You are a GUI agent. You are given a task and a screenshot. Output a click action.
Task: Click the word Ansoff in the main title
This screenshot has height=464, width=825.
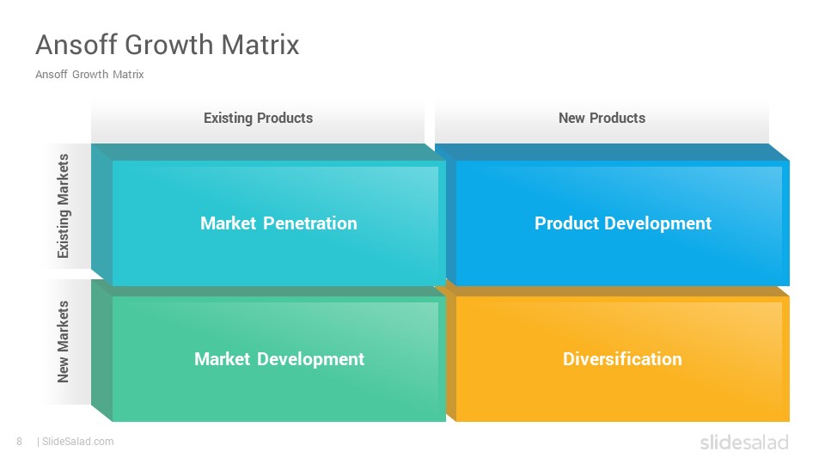click(x=76, y=44)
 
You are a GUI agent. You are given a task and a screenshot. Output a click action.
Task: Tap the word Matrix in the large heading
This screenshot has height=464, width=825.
click(x=260, y=44)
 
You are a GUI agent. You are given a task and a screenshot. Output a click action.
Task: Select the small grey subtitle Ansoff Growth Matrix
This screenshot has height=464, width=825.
click(x=89, y=74)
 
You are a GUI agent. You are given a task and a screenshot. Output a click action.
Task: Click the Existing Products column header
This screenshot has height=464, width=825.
click(x=259, y=118)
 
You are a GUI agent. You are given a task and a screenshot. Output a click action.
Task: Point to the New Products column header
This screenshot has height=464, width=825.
click(x=602, y=118)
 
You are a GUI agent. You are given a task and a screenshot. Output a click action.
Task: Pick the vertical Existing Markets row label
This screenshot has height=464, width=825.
click(x=63, y=205)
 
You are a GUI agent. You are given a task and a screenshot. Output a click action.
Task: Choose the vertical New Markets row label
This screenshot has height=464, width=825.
click(x=63, y=341)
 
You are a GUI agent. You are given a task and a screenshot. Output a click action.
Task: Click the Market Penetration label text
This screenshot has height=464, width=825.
click(x=278, y=223)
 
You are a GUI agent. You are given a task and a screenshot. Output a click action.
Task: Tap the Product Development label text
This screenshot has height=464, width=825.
click(x=623, y=223)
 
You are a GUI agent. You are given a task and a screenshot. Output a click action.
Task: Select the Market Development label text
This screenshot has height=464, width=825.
click(x=279, y=359)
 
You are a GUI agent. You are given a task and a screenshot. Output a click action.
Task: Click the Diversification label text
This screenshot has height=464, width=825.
click(x=622, y=359)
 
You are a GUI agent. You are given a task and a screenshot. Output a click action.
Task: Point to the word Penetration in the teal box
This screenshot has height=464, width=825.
click(x=310, y=223)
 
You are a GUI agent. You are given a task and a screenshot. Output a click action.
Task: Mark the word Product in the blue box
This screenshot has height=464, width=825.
click(x=566, y=223)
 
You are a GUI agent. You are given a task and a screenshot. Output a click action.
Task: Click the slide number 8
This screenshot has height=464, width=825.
click(x=20, y=442)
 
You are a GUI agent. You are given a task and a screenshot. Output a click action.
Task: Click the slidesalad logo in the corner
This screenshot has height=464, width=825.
click(x=744, y=442)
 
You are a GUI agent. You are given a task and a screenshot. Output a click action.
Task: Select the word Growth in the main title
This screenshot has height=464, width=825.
click(x=169, y=44)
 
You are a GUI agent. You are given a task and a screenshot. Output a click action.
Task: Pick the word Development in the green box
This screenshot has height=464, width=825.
click(x=311, y=359)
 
